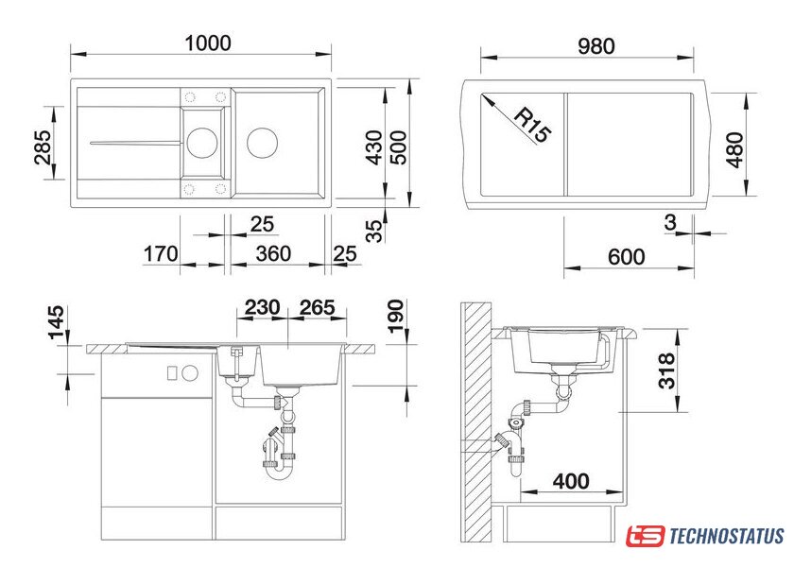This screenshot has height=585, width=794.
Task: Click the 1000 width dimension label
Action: (208, 43)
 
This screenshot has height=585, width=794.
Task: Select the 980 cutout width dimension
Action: (596, 46)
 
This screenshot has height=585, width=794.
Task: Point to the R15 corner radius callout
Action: (531, 125)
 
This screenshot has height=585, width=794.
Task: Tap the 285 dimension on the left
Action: (43, 147)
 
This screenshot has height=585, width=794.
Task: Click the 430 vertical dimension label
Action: (374, 147)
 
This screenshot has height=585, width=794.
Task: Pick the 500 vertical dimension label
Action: (399, 147)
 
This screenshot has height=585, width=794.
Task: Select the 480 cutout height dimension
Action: (734, 150)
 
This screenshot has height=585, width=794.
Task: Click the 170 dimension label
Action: (161, 254)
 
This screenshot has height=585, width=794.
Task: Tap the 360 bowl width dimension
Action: (273, 254)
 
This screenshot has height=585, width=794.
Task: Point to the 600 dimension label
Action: (627, 257)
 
